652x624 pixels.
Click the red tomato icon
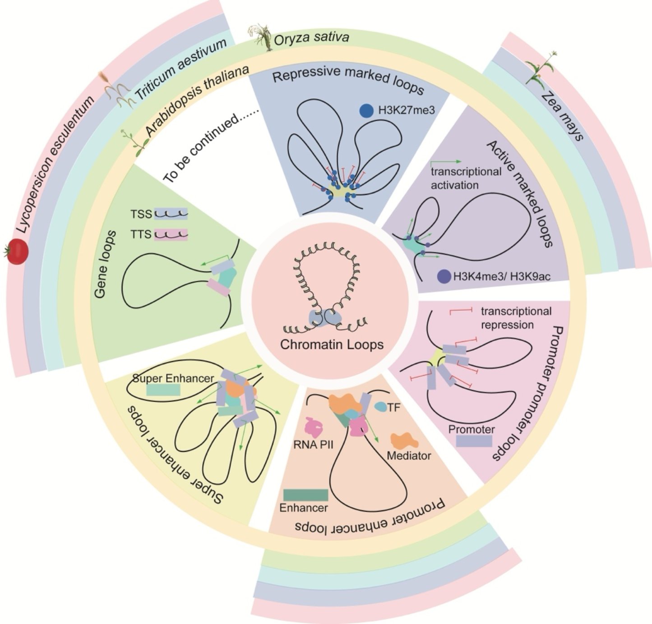[18, 252]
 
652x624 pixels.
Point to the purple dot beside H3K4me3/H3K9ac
[444, 276]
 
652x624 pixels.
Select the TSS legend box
[171, 214]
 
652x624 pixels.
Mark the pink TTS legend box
[171, 234]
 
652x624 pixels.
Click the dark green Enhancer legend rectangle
[305, 495]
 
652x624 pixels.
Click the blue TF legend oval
[381, 407]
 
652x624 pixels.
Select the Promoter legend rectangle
[474, 440]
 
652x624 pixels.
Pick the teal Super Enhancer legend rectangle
[163, 390]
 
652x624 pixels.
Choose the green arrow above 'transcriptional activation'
[446, 161]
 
